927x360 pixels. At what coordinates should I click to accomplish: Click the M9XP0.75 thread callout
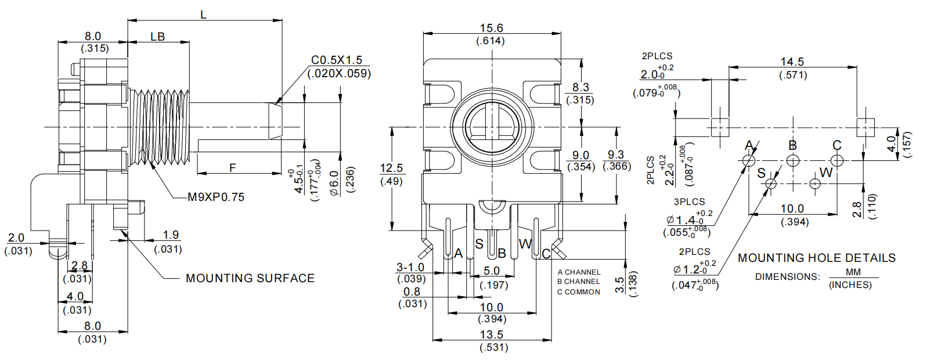216,197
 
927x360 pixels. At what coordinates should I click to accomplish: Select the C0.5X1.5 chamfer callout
337,60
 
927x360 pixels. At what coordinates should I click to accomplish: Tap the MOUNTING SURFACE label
250,279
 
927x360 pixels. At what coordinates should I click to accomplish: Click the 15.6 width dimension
491,28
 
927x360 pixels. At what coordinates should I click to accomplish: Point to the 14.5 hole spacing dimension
792,62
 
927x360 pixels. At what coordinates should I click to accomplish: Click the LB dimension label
158,37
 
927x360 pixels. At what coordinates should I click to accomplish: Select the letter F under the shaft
233,168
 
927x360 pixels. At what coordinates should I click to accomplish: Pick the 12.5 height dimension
391,168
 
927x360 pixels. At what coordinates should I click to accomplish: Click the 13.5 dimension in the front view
492,334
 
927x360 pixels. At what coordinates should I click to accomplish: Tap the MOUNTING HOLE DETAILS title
817,258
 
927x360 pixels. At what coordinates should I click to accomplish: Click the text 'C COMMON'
579,292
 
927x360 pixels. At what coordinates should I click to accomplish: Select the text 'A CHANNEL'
579,272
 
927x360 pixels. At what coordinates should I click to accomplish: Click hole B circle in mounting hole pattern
793,160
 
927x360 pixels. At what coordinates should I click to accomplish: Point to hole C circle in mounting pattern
836,160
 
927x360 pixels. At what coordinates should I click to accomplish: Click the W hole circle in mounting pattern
814,184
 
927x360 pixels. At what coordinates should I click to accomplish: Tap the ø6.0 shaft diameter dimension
335,183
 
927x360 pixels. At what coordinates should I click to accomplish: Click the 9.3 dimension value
615,154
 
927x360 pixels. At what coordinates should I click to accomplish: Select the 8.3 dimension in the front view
580,87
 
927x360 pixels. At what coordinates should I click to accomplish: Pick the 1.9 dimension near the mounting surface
171,235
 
